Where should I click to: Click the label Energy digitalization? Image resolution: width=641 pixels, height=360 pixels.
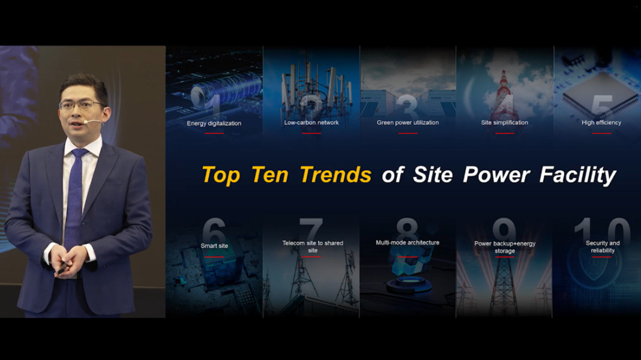pos(214,124)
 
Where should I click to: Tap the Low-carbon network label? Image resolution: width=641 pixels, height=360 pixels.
pos(311,122)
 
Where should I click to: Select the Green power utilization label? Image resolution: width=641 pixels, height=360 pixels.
pos(408,122)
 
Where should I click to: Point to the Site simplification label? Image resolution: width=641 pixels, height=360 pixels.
pos(505,122)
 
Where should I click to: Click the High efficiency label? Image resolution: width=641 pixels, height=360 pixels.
pos(601,122)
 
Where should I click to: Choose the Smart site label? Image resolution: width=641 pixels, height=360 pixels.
pos(214,245)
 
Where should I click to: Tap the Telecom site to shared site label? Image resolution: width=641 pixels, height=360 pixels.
pos(313,247)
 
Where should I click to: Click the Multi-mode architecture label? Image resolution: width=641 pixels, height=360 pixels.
pos(408,242)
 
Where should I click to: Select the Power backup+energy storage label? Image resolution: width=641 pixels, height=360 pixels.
pos(505,247)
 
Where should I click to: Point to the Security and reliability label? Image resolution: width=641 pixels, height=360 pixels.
pos(603,247)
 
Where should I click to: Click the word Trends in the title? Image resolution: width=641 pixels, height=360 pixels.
pos(336,175)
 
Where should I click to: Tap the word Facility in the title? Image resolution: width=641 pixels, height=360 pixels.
pos(577,175)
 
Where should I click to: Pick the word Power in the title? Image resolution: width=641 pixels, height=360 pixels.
pos(496,175)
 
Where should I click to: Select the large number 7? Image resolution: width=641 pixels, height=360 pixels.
pos(311,229)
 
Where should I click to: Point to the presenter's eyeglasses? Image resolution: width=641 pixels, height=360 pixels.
pos(81,106)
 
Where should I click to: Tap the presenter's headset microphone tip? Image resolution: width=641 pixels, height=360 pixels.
pos(85,122)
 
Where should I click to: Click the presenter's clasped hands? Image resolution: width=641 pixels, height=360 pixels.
pos(70,262)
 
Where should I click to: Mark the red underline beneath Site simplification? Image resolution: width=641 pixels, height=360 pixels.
pos(505,133)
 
